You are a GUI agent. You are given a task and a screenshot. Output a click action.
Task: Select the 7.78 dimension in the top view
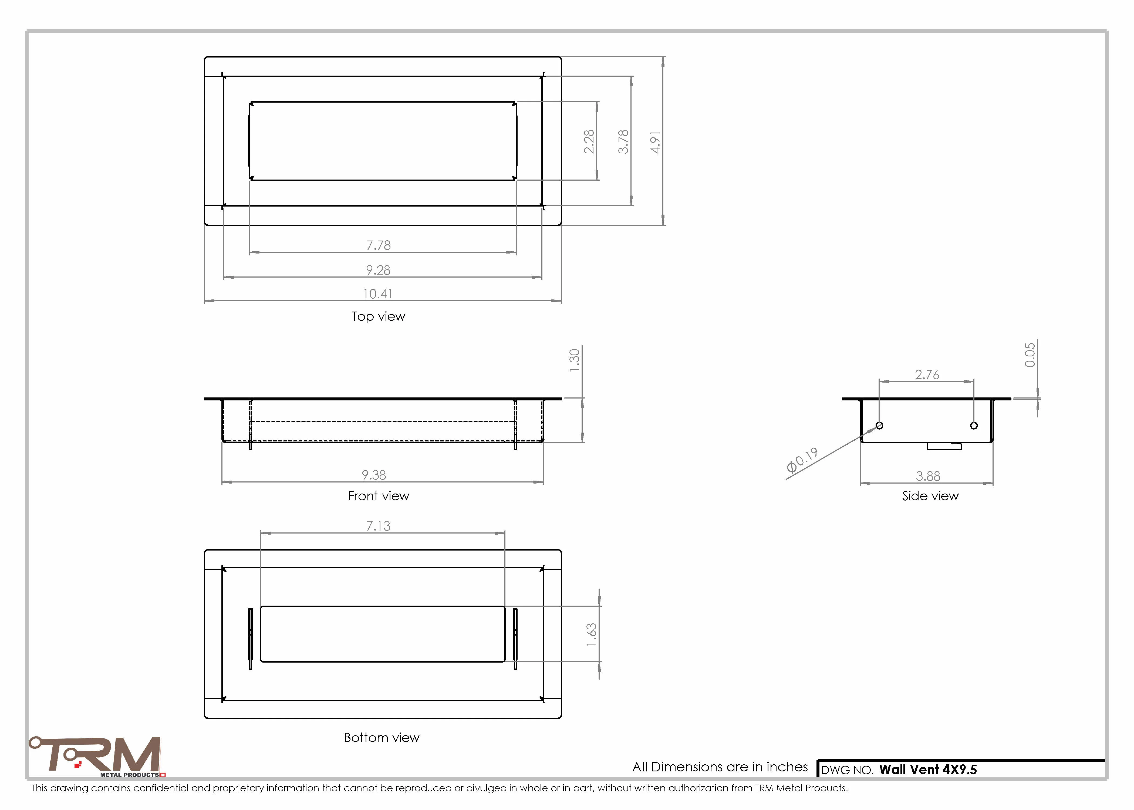pos(379,245)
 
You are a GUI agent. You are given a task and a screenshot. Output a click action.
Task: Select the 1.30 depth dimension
pos(575,360)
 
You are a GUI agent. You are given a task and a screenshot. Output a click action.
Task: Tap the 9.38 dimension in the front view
pos(374,475)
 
